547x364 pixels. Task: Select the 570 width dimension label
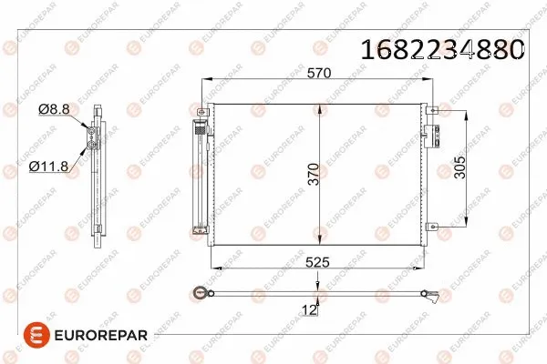318,73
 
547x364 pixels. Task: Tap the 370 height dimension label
314,173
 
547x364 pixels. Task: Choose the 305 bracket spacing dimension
460,168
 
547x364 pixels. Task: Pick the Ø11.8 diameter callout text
45,167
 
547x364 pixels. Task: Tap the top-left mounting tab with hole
201,111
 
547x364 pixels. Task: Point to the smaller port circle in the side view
91,133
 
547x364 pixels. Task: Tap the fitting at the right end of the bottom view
434,293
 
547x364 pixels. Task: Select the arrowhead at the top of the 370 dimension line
318,107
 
